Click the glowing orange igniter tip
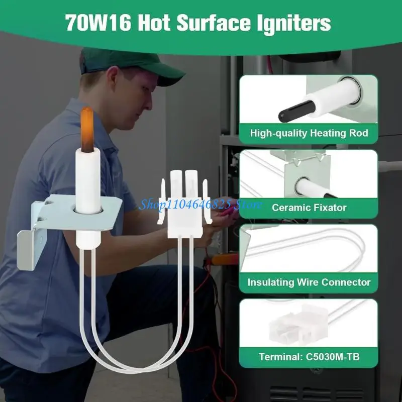click(x=87, y=128)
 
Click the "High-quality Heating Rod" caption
click(x=309, y=133)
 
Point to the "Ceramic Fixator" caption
click(x=309, y=207)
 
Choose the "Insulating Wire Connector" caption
click(x=309, y=282)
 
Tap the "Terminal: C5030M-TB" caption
click(x=309, y=357)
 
